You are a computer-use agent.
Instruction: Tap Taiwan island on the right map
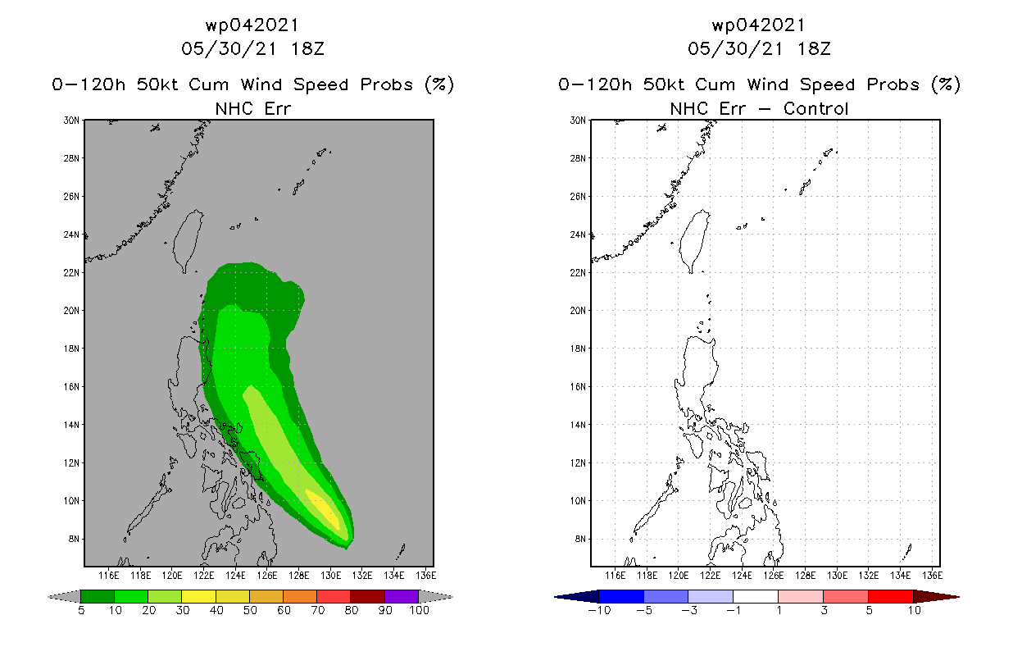[x=697, y=239]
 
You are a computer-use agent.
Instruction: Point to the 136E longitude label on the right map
[x=932, y=576]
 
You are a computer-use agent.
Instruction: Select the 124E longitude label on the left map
[x=236, y=576]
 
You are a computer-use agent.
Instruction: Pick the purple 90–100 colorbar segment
[x=402, y=596]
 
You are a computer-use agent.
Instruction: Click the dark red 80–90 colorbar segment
[x=367, y=596]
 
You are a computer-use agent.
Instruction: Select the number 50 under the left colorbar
[x=249, y=611]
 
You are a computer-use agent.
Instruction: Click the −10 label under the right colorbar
[x=599, y=611]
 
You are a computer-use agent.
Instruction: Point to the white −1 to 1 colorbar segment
[x=755, y=596]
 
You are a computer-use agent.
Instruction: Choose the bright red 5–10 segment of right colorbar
[x=889, y=596]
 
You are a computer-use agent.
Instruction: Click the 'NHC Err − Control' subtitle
[x=759, y=108]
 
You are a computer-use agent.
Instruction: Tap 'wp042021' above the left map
[x=252, y=25]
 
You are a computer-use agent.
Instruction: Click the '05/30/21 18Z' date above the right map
[x=759, y=48]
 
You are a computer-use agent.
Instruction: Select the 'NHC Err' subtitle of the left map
[x=252, y=108]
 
